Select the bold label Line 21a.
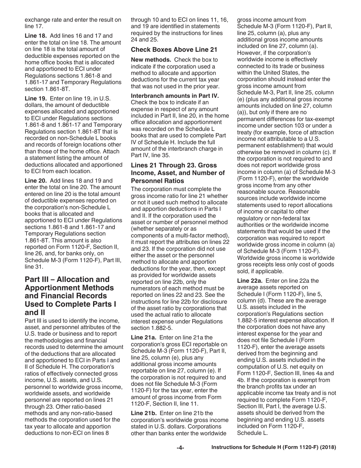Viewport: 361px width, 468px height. pyautogui.click(x=144, y=337)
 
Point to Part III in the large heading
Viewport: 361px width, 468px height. pyautogui.click(x=40, y=279)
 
